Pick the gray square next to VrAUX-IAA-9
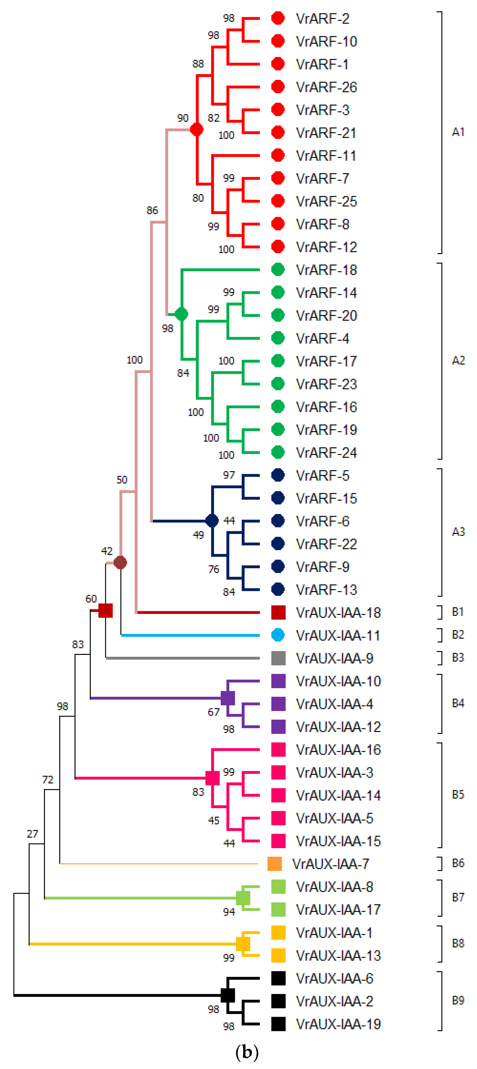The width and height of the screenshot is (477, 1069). [278, 658]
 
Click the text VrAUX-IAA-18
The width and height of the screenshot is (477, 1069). [338, 613]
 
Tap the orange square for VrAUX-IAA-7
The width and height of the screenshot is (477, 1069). [275, 864]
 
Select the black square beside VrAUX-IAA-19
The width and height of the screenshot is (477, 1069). [278, 1024]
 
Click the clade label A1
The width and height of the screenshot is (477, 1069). [458, 132]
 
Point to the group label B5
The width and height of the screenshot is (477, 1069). [458, 795]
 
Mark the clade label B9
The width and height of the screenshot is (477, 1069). [458, 1001]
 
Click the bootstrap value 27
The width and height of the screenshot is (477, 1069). [32, 834]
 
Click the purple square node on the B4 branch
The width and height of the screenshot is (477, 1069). [228, 698]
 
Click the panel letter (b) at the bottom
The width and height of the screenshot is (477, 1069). [247, 1052]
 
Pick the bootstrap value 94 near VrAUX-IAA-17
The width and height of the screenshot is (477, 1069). [229, 912]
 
